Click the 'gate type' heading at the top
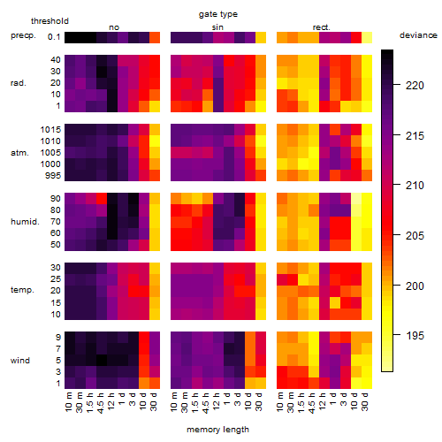218,14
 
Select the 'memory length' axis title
217,430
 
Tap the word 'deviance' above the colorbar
418,35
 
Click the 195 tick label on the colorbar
415,335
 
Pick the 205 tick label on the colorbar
415,235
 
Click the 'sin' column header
217,27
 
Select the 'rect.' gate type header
321,27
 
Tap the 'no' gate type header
114,27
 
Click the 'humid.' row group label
25,222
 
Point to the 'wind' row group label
20,361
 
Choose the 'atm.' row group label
19,153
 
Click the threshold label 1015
50,130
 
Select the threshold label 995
53,176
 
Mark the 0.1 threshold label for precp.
54,37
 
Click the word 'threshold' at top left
50,21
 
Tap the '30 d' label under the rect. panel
365,401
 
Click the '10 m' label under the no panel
68,402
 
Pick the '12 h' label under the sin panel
217,401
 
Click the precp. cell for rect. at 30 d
367,38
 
